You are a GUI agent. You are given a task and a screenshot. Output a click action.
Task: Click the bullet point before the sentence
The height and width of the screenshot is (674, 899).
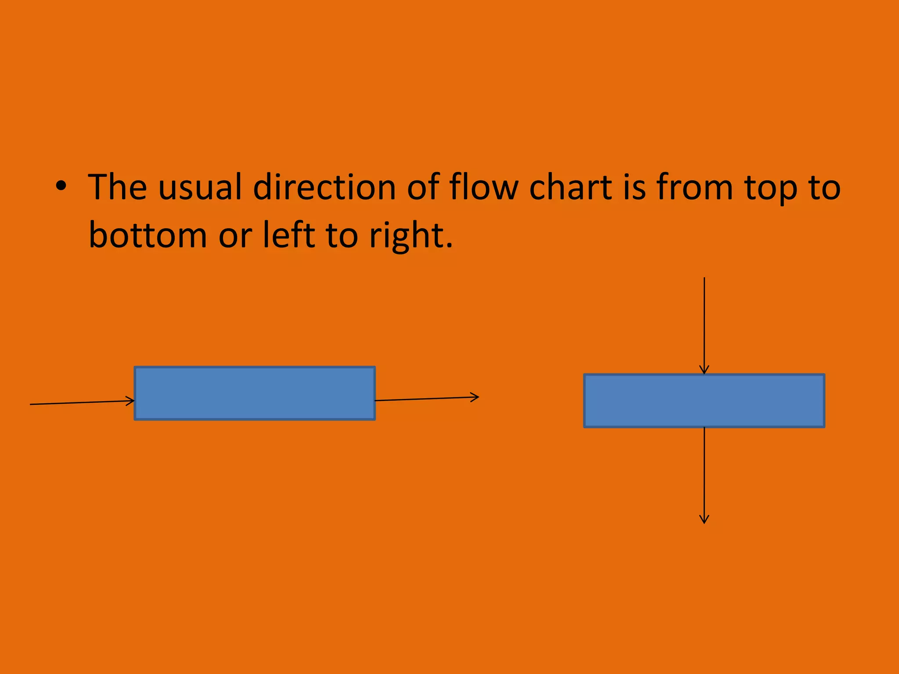[x=61, y=187]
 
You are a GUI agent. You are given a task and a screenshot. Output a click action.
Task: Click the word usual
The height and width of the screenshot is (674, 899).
[x=200, y=187]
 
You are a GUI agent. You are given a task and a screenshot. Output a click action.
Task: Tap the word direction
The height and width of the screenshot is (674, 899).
[x=324, y=187]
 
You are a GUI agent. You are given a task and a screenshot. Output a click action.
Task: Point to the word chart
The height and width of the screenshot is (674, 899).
[x=571, y=187]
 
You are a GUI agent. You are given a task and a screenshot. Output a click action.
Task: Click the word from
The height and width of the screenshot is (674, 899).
[x=694, y=187]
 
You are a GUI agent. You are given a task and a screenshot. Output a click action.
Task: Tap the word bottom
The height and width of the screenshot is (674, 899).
[x=147, y=235]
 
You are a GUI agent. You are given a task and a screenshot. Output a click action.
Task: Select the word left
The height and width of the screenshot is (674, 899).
[x=289, y=235]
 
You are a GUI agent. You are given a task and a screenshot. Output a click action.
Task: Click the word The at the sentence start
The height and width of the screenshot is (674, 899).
[x=118, y=187]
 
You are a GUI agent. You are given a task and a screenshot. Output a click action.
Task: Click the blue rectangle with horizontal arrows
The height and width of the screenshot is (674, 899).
[x=255, y=393]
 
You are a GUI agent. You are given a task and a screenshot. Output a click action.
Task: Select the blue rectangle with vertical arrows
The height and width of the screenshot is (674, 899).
[x=704, y=401]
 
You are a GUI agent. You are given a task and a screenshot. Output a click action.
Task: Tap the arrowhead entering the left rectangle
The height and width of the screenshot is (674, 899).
[x=131, y=401]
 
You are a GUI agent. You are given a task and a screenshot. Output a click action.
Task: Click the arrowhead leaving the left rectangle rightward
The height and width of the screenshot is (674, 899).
[x=475, y=397]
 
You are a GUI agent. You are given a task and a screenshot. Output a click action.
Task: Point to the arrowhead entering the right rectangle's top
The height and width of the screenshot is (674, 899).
[x=704, y=370]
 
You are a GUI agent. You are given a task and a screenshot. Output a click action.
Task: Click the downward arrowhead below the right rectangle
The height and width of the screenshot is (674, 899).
[x=704, y=520]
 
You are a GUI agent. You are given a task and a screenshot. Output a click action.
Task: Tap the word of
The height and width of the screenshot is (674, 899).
[x=423, y=187]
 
